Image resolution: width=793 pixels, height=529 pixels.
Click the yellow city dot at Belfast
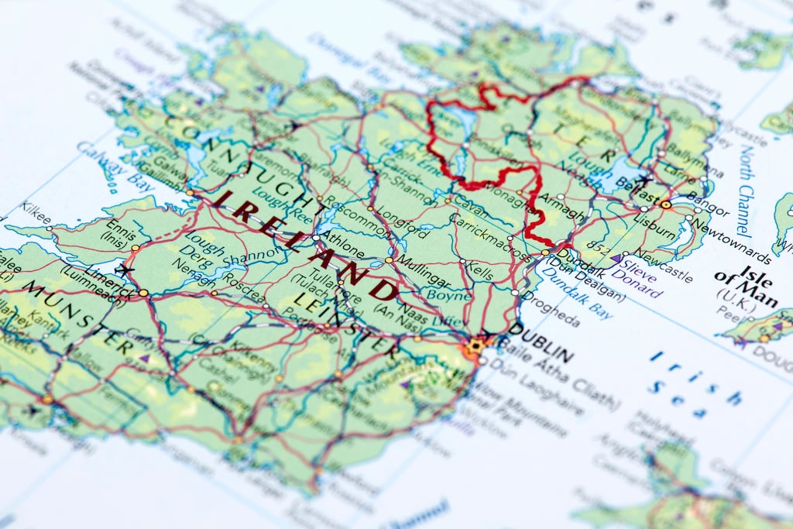[666, 204]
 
